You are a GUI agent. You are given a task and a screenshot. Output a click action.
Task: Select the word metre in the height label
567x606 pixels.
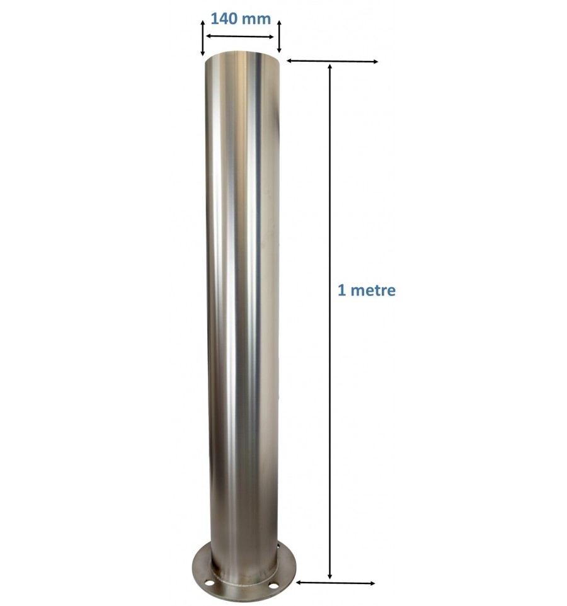click(x=374, y=290)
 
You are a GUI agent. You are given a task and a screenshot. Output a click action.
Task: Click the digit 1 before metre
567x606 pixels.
click(x=341, y=290)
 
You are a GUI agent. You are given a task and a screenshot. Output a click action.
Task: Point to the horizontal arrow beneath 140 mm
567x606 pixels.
click(x=241, y=37)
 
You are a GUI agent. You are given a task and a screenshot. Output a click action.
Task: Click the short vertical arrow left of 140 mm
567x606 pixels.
click(x=202, y=38)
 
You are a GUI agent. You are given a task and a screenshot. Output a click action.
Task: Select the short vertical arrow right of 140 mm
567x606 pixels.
click(x=278, y=38)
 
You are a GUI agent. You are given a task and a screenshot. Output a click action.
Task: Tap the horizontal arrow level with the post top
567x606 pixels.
click(x=332, y=61)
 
